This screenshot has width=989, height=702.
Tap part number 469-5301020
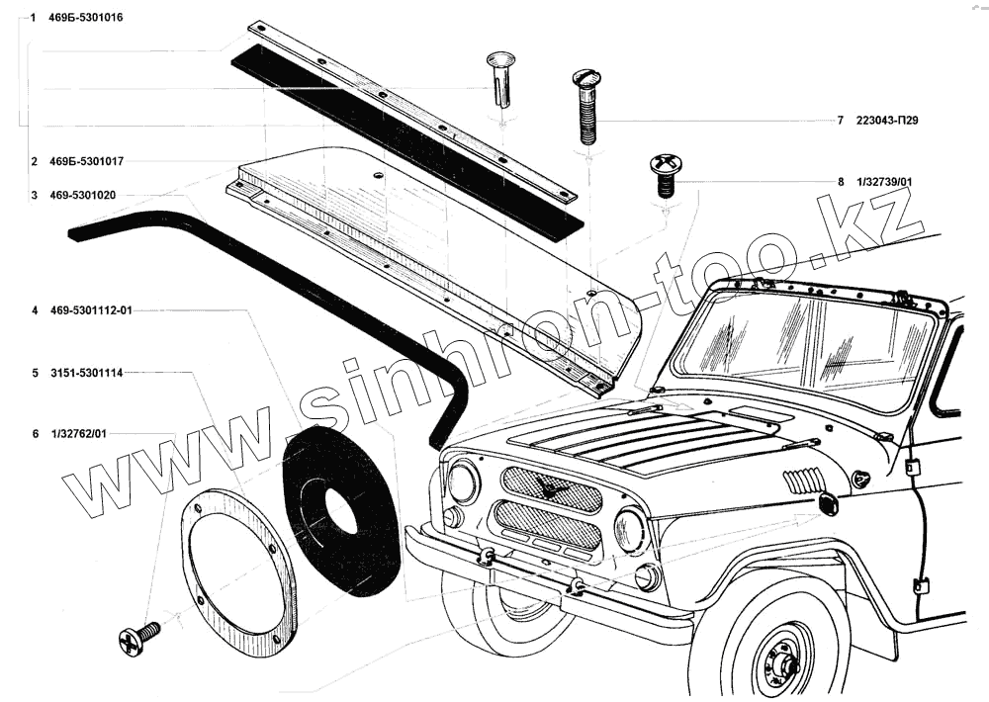pyautogui.click(x=82, y=195)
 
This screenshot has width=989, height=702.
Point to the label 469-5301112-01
pyautogui.click(x=90, y=310)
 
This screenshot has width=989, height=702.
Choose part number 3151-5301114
pyautogui.click(x=86, y=374)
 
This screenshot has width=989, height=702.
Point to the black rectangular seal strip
pyautogui.click(x=405, y=138)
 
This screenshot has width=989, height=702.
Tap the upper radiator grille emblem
pyautogui.click(x=550, y=487)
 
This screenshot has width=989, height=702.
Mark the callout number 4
pyautogui.click(x=35, y=310)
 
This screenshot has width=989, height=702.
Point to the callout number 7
pyautogui.click(x=840, y=121)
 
